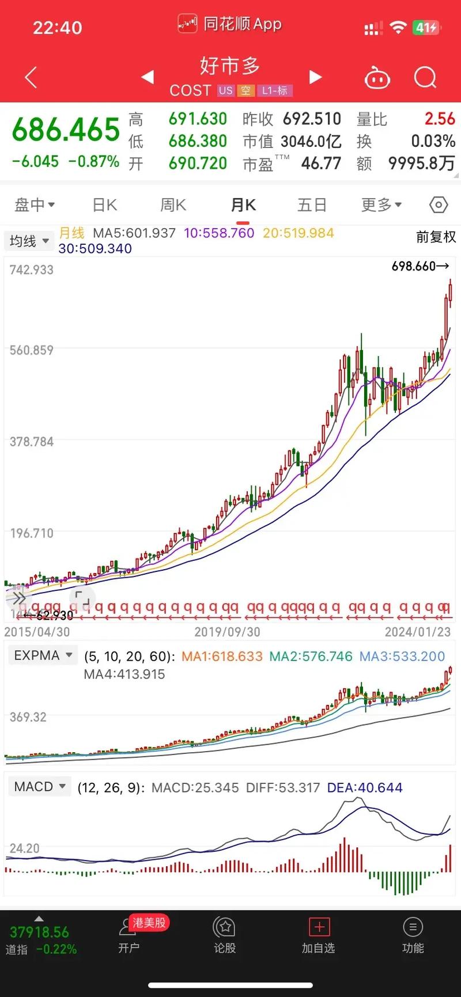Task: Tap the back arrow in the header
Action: point(31,77)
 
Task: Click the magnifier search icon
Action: point(425,77)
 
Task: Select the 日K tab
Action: point(105,205)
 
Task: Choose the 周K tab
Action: point(173,205)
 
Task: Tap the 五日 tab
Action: point(312,205)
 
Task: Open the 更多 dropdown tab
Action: point(381,205)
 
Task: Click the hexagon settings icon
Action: point(439,205)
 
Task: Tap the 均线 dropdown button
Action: point(29,241)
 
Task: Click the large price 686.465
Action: point(66,130)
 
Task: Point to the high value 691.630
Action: point(198,119)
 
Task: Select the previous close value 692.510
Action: point(312,119)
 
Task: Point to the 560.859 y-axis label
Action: point(31,350)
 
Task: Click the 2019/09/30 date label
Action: point(227,632)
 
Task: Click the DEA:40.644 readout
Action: point(365,787)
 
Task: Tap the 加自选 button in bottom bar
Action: point(319,935)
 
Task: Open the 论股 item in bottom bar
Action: point(225,935)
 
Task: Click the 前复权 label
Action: point(436,237)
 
